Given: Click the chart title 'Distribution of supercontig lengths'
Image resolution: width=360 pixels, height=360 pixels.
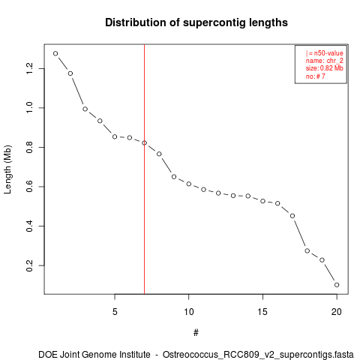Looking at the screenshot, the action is tap(196, 22).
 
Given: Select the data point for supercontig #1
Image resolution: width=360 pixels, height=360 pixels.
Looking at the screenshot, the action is tap(55, 53).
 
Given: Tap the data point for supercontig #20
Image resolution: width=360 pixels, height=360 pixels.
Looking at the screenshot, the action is tap(337, 285).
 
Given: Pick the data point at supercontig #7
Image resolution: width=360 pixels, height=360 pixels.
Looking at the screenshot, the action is tap(144, 143).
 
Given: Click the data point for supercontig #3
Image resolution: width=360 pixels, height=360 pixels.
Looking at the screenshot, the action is tap(85, 109).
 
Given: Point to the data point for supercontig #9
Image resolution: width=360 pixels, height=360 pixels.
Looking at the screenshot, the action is tap(174, 177).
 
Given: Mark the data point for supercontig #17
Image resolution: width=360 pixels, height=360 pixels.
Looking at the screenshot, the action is tap(292, 216).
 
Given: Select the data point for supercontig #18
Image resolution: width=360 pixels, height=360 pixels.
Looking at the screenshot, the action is tap(307, 250).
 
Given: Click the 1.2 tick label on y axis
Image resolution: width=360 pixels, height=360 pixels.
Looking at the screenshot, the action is tap(29, 68).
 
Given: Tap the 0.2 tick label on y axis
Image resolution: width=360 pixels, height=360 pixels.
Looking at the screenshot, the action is tap(29, 265).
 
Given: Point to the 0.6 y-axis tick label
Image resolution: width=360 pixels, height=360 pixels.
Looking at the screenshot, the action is tap(29, 187).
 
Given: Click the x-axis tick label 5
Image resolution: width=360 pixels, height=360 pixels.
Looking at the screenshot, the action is tap(115, 312).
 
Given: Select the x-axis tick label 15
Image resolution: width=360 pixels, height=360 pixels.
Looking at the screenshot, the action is tap(262, 312).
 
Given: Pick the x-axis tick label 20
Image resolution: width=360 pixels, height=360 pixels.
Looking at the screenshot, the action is tap(337, 312).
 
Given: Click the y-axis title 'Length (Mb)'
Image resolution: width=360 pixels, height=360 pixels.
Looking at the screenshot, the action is tap(7, 169).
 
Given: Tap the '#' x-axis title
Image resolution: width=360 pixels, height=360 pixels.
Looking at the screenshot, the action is tap(196, 333).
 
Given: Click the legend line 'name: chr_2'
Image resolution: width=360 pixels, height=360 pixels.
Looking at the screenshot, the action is tap(324, 61).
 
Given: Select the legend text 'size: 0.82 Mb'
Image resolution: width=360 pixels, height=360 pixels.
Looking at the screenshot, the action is tap(324, 68).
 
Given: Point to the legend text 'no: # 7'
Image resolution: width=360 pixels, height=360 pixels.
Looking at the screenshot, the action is tap(315, 76).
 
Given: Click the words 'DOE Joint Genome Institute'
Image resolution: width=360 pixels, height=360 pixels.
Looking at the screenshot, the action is tap(94, 355).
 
